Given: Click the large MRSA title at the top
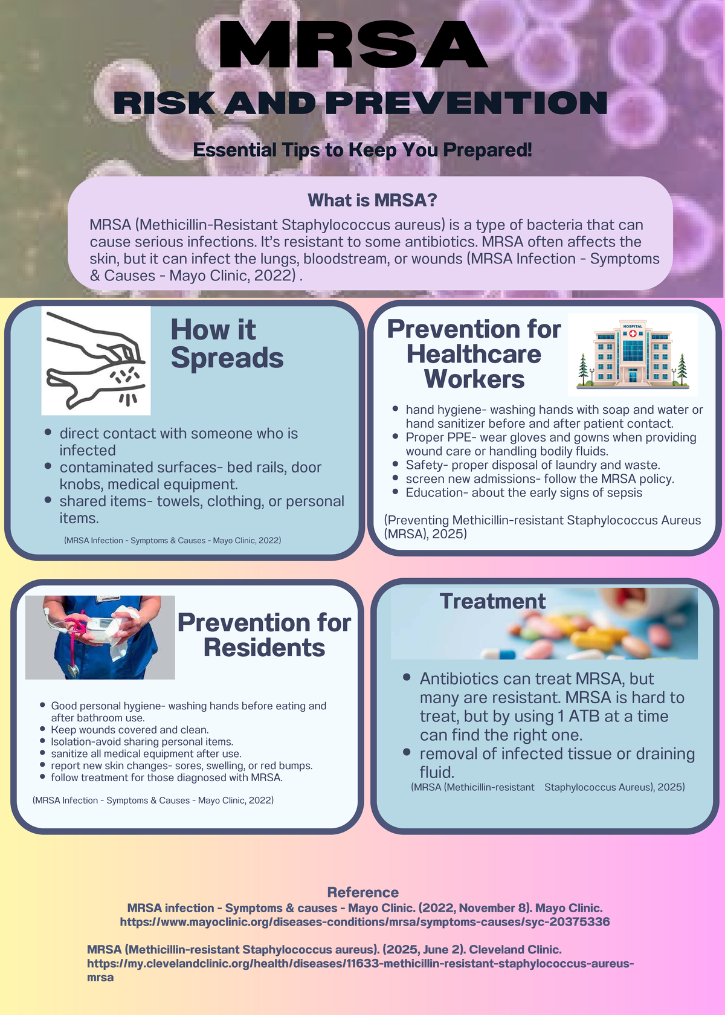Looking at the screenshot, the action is click(353, 45).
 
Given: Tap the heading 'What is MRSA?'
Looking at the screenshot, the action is click(372, 201).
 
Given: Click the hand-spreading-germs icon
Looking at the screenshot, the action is click(96, 361).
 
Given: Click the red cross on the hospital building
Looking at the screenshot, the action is click(633, 333).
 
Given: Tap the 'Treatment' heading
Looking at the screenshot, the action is click(492, 601).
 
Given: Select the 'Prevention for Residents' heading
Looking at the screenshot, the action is click(264, 635).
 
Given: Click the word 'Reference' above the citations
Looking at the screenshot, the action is click(363, 892).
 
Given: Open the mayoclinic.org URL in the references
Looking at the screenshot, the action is click(365, 922).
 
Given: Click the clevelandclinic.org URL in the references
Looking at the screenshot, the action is click(361, 970).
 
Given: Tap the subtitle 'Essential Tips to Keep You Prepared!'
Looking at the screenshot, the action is click(362, 150).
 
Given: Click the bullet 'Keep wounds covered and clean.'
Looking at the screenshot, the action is click(129, 730).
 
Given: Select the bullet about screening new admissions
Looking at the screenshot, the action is click(540, 479).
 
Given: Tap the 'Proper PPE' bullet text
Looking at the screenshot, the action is click(551, 444).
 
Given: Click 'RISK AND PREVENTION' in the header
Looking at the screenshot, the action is click(360, 103).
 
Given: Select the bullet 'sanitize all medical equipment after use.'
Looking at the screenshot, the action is click(146, 753).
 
